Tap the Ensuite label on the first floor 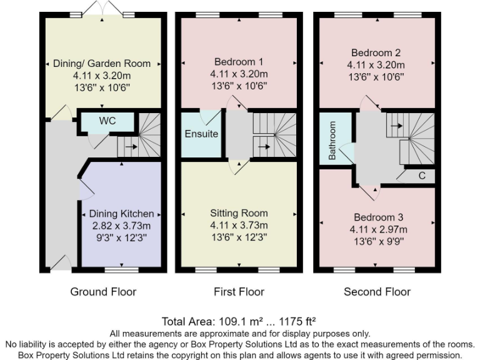(x=201, y=134)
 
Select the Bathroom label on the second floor (x=332, y=140)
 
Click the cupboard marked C (x=422, y=176)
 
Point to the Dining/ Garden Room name (x=102, y=63)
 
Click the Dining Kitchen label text (x=121, y=214)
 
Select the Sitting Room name (x=239, y=213)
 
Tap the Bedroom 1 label (x=239, y=62)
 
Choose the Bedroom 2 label (x=376, y=52)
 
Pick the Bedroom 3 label (x=378, y=217)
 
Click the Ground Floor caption (x=103, y=291)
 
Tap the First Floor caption (x=239, y=291)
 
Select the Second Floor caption (x=377, y=291)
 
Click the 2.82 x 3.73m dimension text (x=121, y=226)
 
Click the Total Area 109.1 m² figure (x=239, y=322)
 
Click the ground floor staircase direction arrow (x=130, y=148)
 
